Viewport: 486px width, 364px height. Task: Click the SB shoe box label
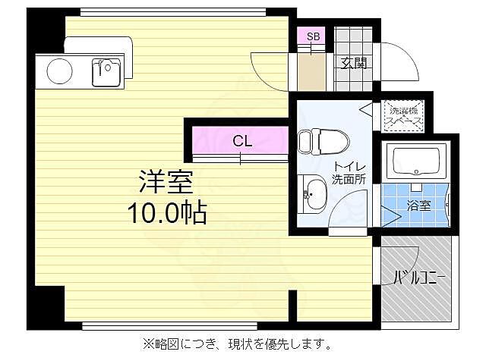pos(313,36)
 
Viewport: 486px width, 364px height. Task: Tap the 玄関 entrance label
pos(353,63)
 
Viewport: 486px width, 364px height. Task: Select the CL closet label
pos(241,140)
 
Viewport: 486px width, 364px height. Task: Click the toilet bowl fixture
pos(317,141)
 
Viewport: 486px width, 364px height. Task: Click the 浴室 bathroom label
pos(418,206)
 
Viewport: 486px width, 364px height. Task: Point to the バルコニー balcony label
pos(418,278)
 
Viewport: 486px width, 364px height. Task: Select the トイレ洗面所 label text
pos(349,174)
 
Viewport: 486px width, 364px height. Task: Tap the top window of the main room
pos(172,12)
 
